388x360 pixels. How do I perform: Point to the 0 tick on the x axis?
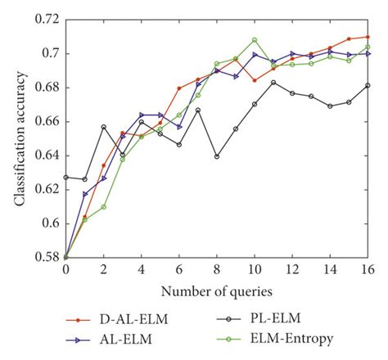(x=65, y=271)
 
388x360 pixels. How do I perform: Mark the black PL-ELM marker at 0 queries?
(x=65, y=177)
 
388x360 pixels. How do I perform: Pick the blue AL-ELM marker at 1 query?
(x=84, y=194)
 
